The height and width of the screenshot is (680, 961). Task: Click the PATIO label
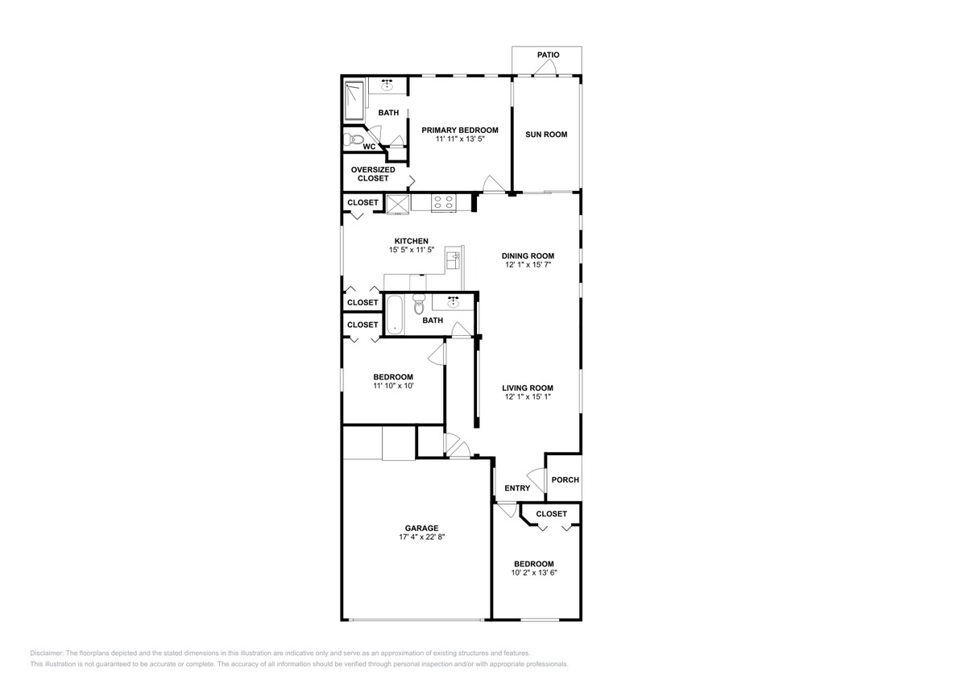tap(548, 55)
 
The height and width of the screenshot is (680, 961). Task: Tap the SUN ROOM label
tap(546, 135)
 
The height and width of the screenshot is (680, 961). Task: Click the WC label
tap(369, 147)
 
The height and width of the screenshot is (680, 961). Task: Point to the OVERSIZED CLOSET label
tap(373, 174)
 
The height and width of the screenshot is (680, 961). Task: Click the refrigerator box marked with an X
tap(398, 203)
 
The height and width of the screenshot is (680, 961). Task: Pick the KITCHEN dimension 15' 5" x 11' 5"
tap(411, 251)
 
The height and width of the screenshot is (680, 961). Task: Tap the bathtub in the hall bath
tap(394, 315)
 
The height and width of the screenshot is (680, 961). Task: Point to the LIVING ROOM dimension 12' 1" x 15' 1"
tap(528, 397)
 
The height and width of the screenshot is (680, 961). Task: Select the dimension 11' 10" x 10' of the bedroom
tap(393, 387)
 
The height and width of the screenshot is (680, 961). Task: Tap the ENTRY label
tap(517, 488)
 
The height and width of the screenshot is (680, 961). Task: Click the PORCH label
tap(565, 480)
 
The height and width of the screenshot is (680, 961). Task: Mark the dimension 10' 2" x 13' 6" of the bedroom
tap(534, 573)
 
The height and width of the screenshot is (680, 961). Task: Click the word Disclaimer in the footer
tap(47, 653)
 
